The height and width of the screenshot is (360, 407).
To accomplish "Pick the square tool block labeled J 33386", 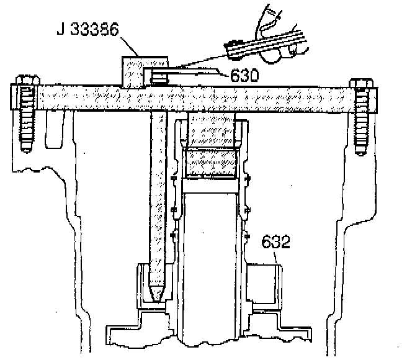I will [x=133, y=71].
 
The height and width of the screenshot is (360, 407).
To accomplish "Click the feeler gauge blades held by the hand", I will [x=267, y=43].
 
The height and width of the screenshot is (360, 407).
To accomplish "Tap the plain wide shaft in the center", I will [x=210, y=248].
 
